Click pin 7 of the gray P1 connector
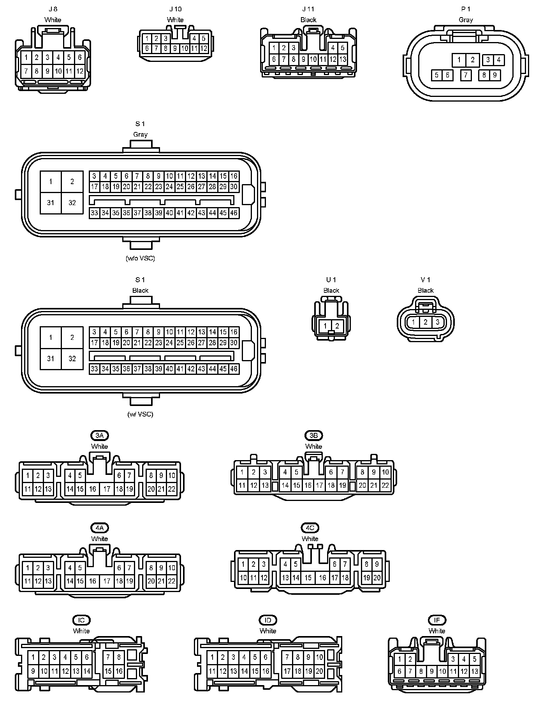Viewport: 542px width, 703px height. pyautogui.click(x=466, y=75)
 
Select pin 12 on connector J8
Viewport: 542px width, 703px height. pyautogui.click(x=79, y=71)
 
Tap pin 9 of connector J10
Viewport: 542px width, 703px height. pyautogui.click(x=175, y=49)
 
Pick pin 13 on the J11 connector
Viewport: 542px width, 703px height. pyautogui.click(x=343, y=60)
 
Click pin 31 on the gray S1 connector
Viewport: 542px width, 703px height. pyautogui.click(x=51, y=203)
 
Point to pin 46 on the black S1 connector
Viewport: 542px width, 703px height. pyautogui.click(x=234, y=369)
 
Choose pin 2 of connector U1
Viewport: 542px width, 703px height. pyautogui.click(x=337, y=326)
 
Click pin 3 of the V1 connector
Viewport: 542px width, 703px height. pyautogui.click(x=438, y=322)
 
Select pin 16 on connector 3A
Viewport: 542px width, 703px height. pyautogui.click(x=93, y=489)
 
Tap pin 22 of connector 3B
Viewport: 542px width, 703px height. pyautogui.click(x=385, y=485)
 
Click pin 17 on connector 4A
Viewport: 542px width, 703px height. pyautogui.click(x=107, y=581)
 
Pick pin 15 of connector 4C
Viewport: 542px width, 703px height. pyautogui.click(x=308, y=578)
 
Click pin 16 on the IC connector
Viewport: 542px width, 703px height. pyautogui.click(x=119, y=671)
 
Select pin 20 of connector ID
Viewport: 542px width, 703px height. pyautogui.click(x=319, y=671)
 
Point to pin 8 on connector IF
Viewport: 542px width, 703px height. pyautogui.click(x=421, y=671)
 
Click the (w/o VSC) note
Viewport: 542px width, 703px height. pyautogui.click(x=140, y=258)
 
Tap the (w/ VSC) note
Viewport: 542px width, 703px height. pyautogui.click(x=140, y=414)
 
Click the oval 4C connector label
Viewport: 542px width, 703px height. pyautogui.click(x=310, y=528)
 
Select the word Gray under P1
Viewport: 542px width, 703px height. pyautogui.click(x=466, y=19)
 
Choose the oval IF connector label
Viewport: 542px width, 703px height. pyautogui.click(x=437, y=620)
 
